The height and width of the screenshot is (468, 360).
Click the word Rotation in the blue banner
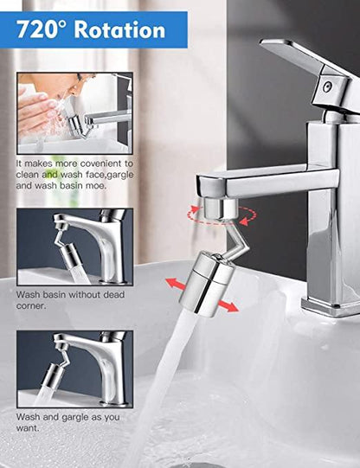point(119,29)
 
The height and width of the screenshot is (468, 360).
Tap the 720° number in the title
point(44,29)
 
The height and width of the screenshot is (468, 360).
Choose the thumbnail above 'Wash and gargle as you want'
point(74,369)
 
